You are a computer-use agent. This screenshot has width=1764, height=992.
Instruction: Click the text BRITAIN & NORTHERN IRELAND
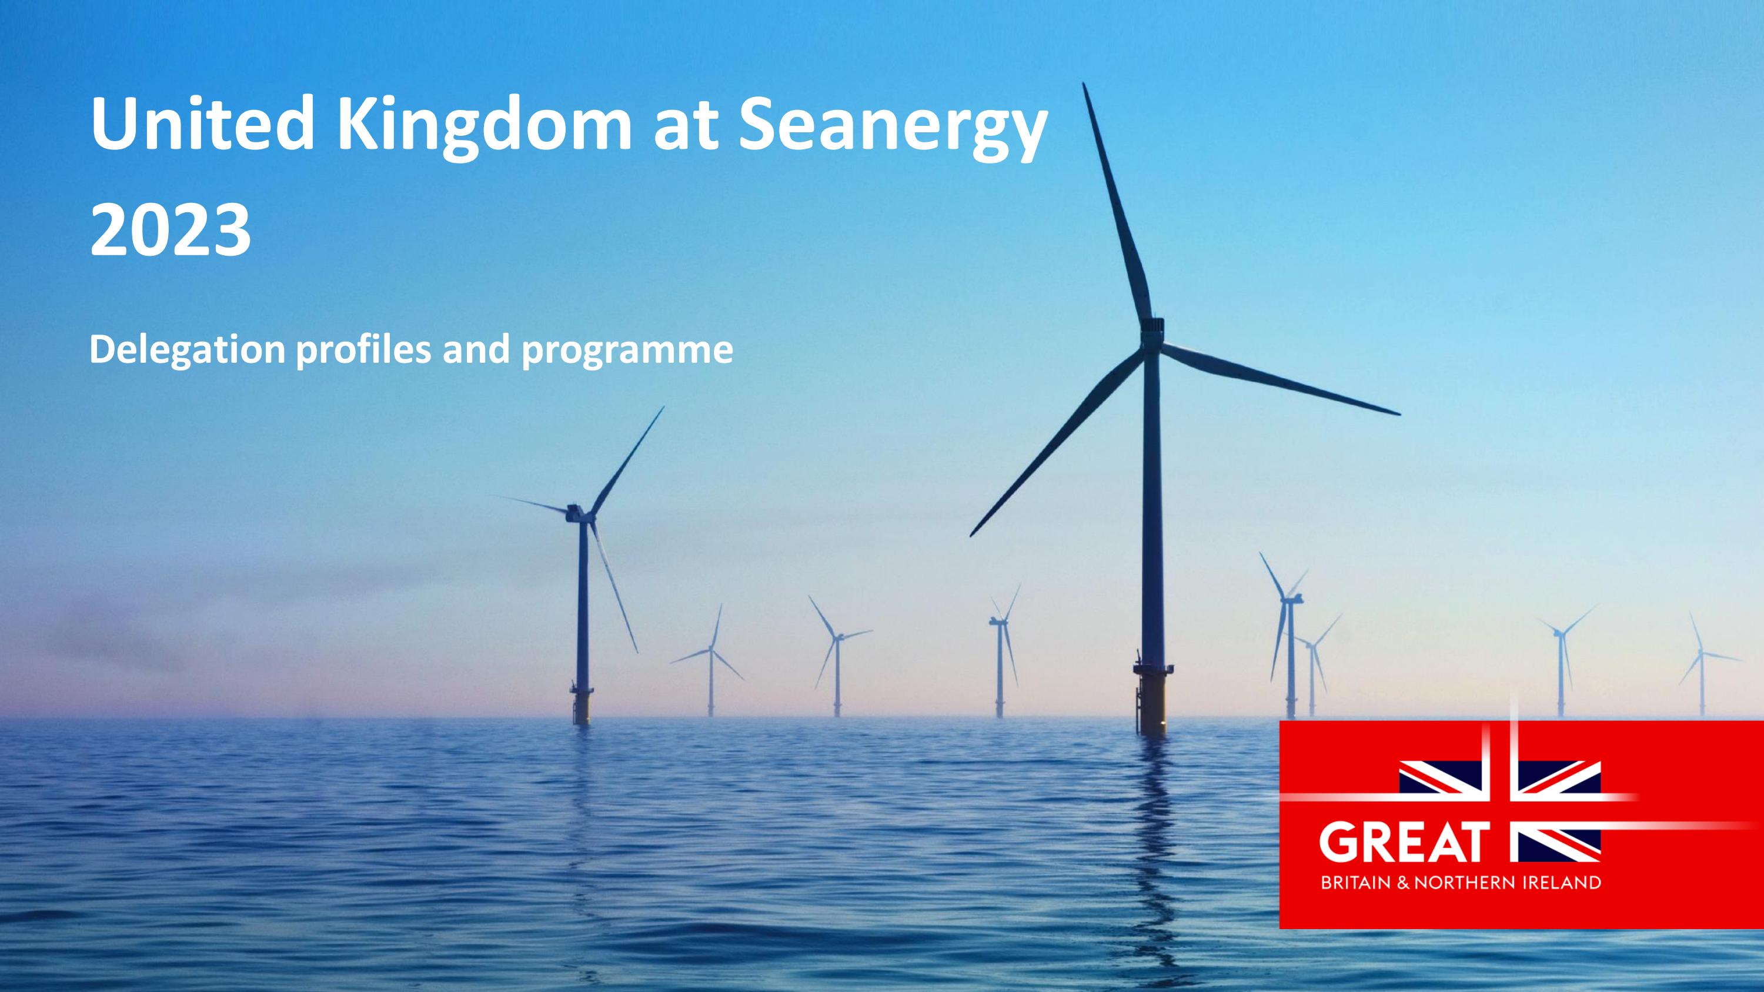click(x=1461, y=883)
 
